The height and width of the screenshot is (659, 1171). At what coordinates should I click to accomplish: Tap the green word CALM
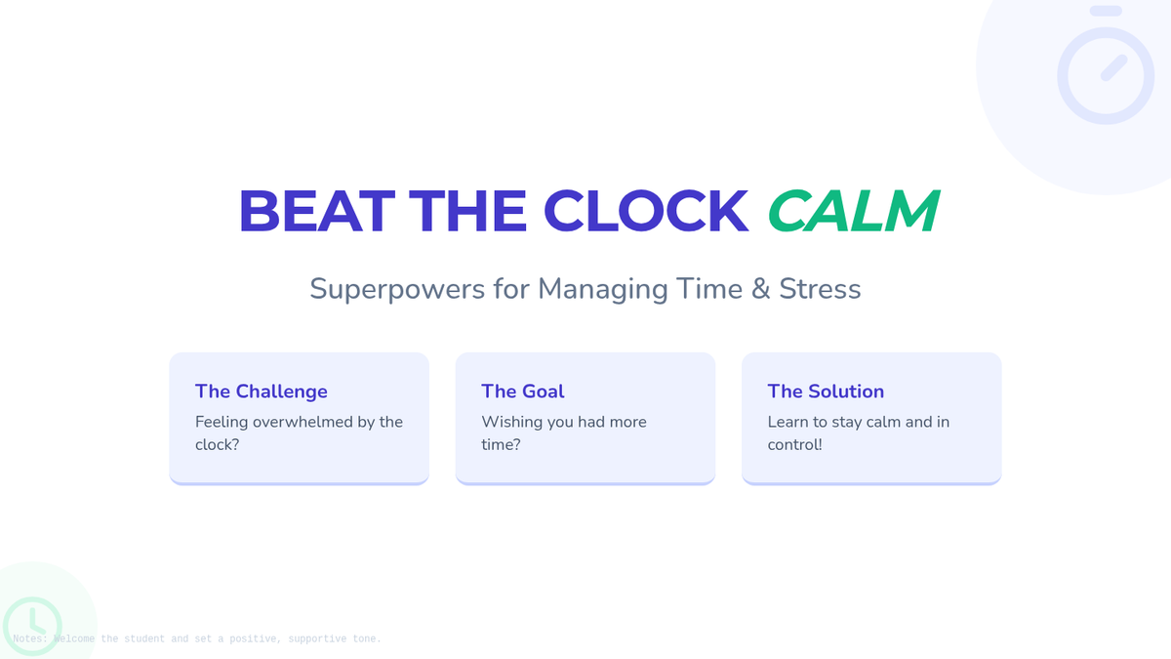(854, 210)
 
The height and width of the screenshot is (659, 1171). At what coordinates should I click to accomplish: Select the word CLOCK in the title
(646, 210)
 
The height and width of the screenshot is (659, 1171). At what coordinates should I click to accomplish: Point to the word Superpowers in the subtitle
(397, 289)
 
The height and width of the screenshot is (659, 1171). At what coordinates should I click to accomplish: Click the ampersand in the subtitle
(760, 289)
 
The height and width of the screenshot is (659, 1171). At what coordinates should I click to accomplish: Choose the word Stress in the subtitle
(820, 289)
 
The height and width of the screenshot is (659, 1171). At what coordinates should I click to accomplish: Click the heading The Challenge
(262, 391)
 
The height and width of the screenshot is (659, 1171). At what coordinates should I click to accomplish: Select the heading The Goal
(523, 391)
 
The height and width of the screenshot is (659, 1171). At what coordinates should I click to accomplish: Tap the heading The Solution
(826, 391)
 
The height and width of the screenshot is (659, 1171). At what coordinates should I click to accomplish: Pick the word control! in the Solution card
(794, 444)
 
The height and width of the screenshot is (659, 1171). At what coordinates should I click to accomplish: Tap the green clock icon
(32, 626)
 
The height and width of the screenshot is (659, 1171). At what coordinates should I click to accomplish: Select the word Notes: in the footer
(30, 638)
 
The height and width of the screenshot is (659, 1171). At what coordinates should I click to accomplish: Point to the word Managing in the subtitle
(603, 289)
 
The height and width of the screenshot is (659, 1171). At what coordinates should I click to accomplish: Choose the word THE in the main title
(467, 210)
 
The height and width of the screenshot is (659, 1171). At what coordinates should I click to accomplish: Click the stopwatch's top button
(1106, 11)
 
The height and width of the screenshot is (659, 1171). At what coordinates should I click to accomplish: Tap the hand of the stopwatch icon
(1114, 68)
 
